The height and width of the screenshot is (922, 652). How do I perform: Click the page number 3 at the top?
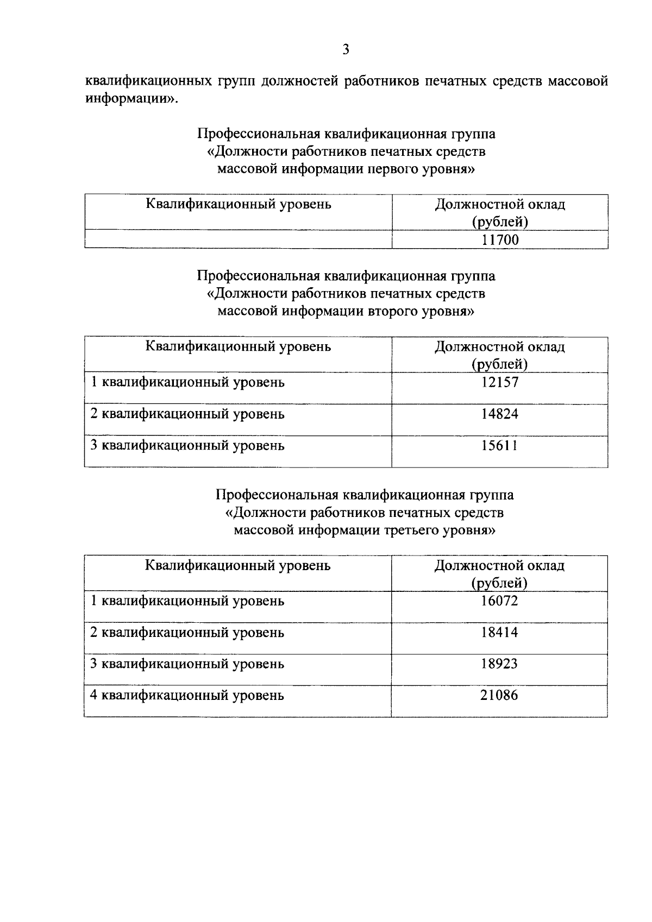point(346,50)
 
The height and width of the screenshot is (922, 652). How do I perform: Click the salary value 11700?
point(500,239)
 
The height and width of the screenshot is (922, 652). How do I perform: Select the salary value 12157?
point(500,382)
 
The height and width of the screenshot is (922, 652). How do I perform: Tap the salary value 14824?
point(500,414)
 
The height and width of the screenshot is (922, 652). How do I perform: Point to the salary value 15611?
point(500,446)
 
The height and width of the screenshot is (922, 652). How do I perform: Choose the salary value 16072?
point(500,601)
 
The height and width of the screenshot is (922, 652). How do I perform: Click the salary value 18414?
point(500,633)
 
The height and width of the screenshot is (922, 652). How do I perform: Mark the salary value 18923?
point(500,664)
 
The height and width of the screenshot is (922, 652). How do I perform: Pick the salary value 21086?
point(500,696)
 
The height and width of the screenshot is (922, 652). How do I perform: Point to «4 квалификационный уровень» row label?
point(187,696)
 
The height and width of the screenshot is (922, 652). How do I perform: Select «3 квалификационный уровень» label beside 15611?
point(187,446)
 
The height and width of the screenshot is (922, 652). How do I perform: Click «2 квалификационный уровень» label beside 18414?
point(187,633)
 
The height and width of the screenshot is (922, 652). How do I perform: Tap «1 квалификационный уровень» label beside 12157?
point(187,382)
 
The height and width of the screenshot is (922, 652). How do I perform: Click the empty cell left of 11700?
point(238,239)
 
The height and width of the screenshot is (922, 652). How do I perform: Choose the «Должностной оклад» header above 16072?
point(499,566)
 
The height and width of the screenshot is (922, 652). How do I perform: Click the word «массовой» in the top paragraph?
point(578,81)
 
